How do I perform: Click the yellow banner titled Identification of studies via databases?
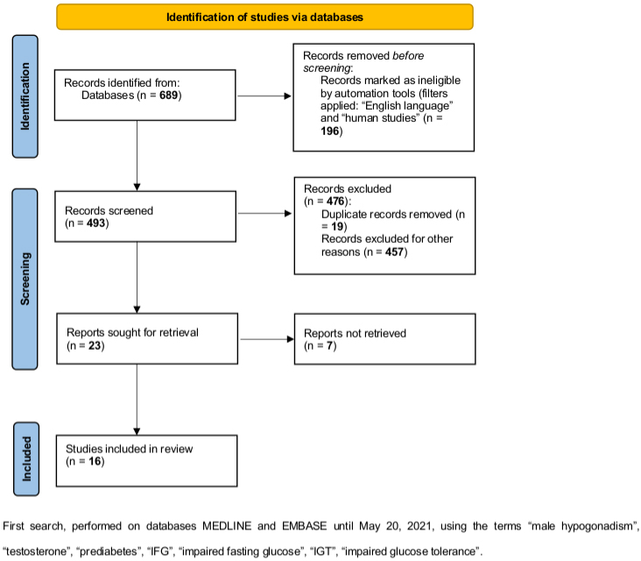pyautogui.click(x=264, y=17)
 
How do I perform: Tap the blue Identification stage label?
pyautogui.click(x=25, y=96)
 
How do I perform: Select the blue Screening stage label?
pyautogui.click(x=25, y=279)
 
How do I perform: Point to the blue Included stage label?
pyautogui.click(x=26, y=459)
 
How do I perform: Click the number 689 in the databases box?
pyautogui.click(x=168, y=96)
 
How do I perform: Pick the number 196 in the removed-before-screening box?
pyautogui.click(x=329, y=131)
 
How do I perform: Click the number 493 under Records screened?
pyautogui.click(x=96, y=224)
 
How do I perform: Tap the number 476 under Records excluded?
pyautogui.click(x=335, y=202)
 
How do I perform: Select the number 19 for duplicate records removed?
pyautogui.click(x=337, y=226)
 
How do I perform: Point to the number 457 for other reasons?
pyautogui.click(x=394, y=252)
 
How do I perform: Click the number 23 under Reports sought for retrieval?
pyautogui.click(x=95, y=345)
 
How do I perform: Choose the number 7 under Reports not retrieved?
pyautogui.click(x=330, y=345)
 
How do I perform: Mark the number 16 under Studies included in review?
pyautogui.click(x=95, y=462)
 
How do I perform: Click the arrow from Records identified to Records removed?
pyautogui.click(x=264, y=96)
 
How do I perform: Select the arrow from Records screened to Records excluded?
pyautogui.click(x=264, y=213)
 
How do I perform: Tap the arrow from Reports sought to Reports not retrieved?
pyautogui.click(x=267, y=339)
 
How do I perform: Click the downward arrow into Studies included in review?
pyautogui.click(x=137, y=400)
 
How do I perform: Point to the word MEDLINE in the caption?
pyautogui.click(x=227, y=526)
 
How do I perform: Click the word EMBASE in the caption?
pyautogui.click(x=305, y=526)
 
